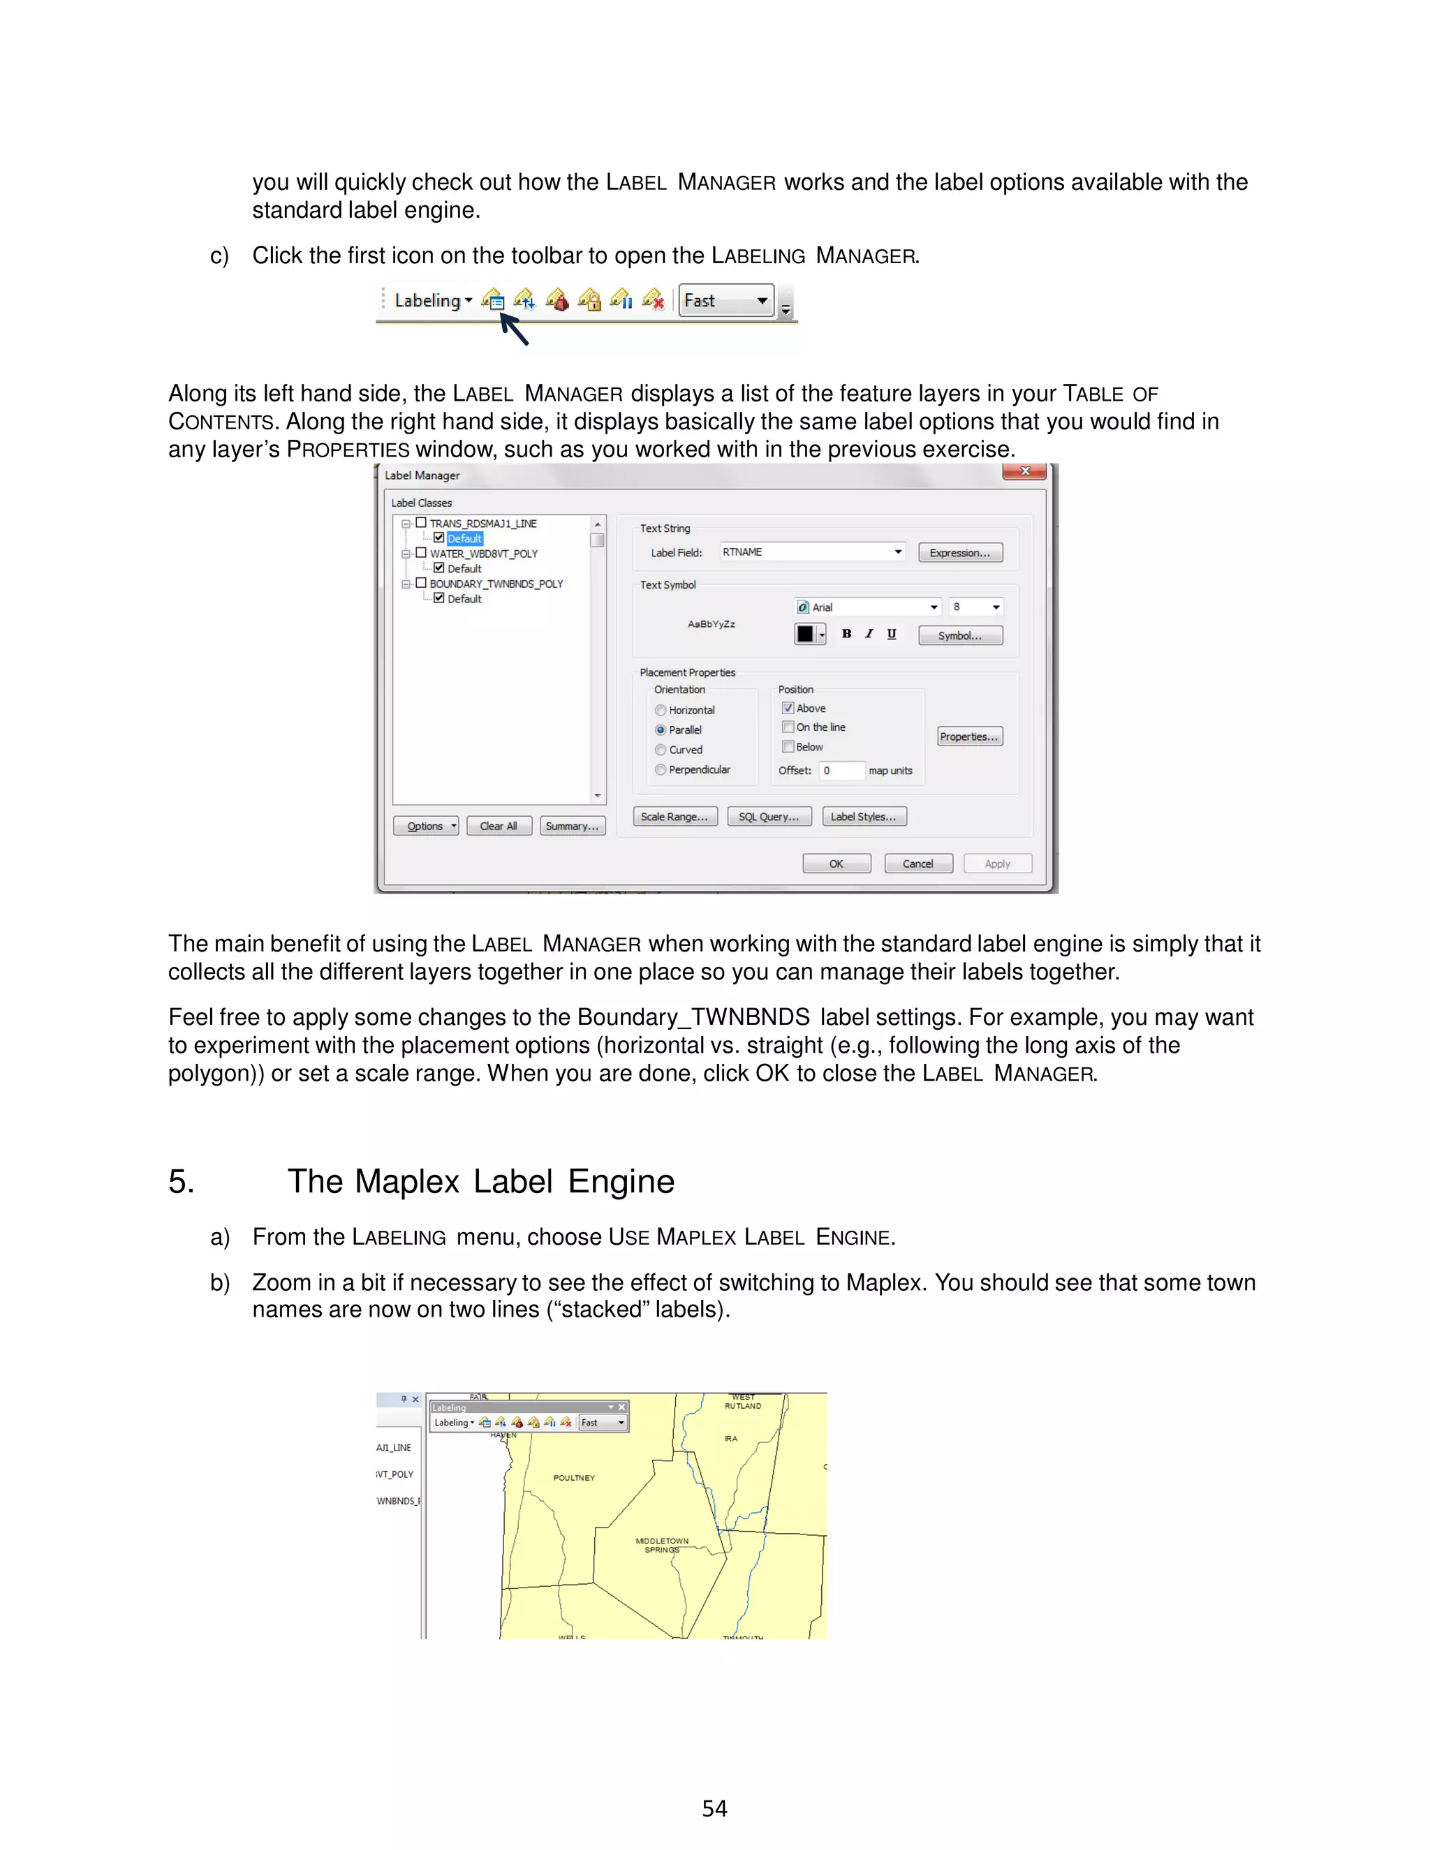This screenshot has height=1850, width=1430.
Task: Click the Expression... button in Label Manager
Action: click(x=960, y=553)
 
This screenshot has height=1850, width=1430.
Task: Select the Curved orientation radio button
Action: click(x=661, y=750)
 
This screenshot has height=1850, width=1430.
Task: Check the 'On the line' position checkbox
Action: click(x=788, y=727)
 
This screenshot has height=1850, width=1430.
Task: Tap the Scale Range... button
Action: click(x=675, y=817)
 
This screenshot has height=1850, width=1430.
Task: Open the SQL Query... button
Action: click(x=768, y=817)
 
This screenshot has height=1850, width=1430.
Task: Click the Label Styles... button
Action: click(x=863, y=817)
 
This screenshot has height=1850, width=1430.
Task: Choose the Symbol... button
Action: click(x=960, y=636)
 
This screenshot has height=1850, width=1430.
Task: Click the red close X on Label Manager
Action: click(x=1025, y=472)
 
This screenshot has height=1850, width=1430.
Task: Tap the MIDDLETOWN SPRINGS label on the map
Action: click(x=662, y=1545)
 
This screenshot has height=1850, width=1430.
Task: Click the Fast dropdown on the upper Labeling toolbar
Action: click(x=726, y=301)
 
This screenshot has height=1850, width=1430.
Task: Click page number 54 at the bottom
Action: click(x=714, y=1810)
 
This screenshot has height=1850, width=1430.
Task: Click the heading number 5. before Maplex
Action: click(x=182, y=1182)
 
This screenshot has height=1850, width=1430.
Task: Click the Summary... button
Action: click(x=572, y=827)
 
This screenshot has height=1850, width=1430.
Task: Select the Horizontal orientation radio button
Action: click(x=661, y=711)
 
